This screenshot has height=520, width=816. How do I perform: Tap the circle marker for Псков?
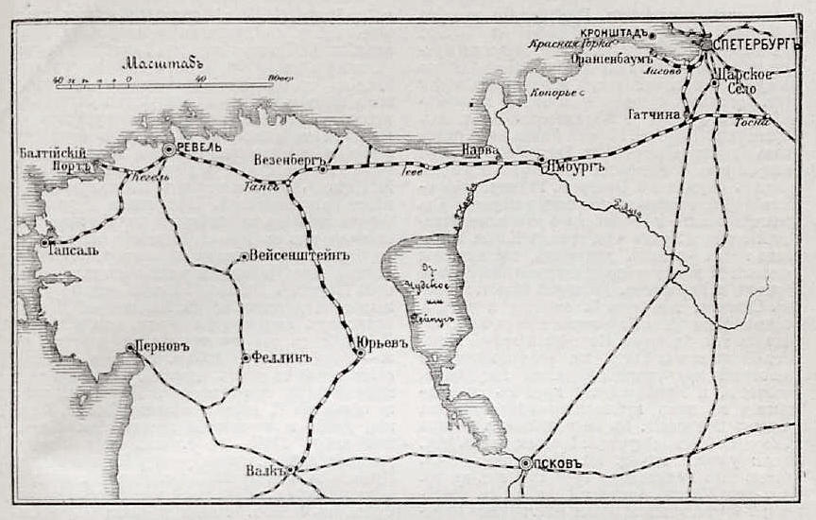point(525,463)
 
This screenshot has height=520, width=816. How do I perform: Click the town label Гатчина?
point(654,114)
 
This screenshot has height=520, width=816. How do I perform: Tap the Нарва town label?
point(481,149)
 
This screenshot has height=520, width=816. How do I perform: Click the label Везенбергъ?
point(289,157)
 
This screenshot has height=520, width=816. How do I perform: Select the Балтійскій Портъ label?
point(54,158)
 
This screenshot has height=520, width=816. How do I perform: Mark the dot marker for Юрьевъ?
point(360,354)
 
